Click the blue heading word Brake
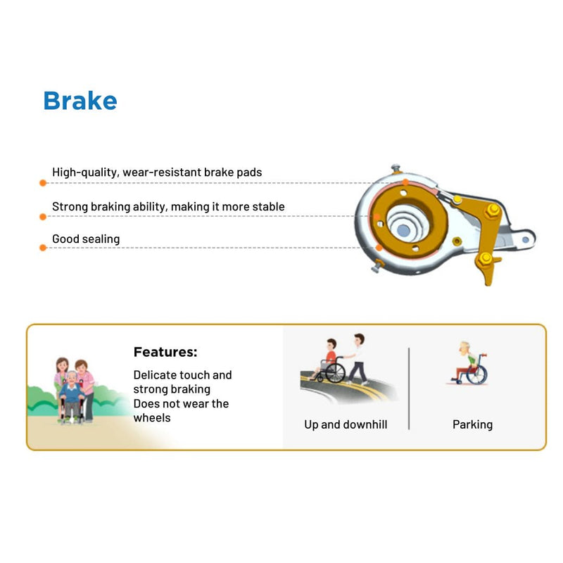(x=80, y=101)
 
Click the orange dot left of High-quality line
(x=43, y=182)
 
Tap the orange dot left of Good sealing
(x=43, y=248)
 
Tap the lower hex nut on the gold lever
(x=483, y=261)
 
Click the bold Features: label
(x=165, y=352)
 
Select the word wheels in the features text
(x=152, y=417)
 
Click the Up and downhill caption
(x=346, y=424)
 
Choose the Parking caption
(x=472, y=424)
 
